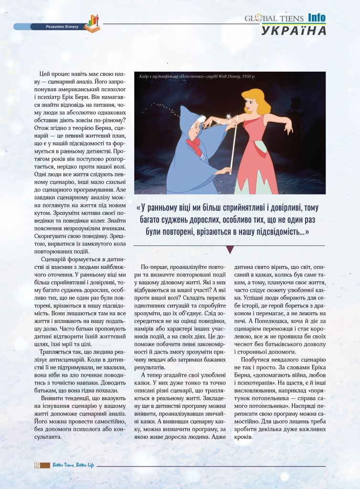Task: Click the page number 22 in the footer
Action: pyautogui.click(x=36, y=465)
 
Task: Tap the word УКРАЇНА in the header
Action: pyautogui.click(x=294, y=31)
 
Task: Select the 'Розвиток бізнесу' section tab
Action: pyautogui.click(x=59, y=26)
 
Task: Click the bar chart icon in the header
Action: pyautogui.click(x=92, y=23)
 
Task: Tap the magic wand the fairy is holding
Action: pyautogui.click(x=233, y=143)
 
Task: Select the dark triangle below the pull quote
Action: pyautogui.click(x=230, y=249)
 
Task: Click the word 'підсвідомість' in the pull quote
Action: pyautogui.click(x=275, y=232)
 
